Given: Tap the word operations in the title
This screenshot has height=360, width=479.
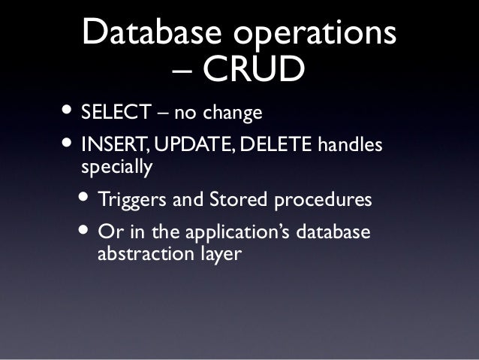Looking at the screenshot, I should pos(315,34).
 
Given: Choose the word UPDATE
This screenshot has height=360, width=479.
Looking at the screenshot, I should pos(185,144).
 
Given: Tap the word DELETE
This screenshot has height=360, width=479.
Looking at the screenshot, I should pos(274,144).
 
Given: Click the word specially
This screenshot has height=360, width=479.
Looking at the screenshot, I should pos(116,168).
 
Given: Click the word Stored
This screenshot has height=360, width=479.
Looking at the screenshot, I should pos(225,201).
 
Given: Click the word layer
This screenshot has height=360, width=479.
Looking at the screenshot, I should pos(220,255).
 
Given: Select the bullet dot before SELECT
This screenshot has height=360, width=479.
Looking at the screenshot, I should pos(68,112).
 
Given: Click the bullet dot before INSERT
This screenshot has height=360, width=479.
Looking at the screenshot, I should pos(68,142).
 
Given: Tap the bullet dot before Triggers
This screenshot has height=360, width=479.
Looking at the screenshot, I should pos(86,199).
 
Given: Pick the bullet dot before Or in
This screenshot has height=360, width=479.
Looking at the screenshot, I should pos(86,230).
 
